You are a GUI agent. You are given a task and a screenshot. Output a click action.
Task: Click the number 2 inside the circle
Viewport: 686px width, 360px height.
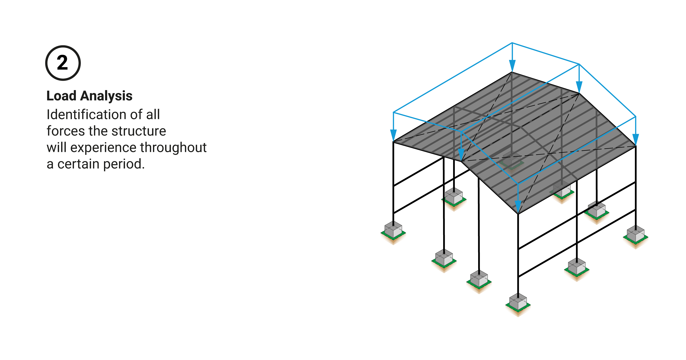[x=63, y=63]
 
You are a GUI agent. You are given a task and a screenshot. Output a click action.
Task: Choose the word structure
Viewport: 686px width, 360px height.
[x=139, y=131]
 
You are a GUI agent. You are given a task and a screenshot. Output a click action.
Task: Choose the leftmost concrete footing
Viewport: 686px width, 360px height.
[x=393, y=230]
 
